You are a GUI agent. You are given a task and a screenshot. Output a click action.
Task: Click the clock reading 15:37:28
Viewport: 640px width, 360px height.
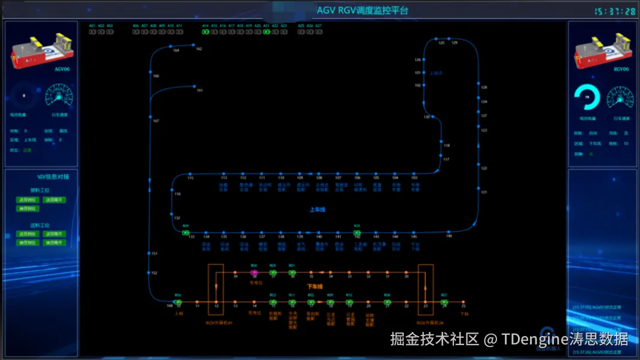[x=614, y=11]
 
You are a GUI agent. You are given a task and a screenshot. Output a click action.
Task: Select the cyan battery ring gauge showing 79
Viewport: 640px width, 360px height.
[x=587, y=96]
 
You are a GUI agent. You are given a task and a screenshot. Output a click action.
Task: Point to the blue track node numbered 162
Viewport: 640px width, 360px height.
[x=193, y=45]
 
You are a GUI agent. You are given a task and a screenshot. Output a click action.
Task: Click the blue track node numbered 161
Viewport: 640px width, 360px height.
[x=194, y=87]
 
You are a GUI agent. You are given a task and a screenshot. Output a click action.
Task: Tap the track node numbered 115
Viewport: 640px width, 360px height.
[x=190, y=174]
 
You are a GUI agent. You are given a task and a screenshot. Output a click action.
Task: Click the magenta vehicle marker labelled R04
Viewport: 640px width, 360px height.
[x=254, y=272]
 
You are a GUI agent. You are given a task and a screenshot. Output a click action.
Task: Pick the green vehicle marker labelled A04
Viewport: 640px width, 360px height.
[x=185, y=232]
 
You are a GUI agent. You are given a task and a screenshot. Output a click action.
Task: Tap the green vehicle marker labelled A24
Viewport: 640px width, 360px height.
[x=357, y=232]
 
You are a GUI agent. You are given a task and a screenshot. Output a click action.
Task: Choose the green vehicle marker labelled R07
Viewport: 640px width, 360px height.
[x=444, y=302]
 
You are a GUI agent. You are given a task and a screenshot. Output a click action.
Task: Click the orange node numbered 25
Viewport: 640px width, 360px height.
[x=463, y=302]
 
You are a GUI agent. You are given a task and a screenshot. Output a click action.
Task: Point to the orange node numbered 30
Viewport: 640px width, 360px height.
[x=406, y=272]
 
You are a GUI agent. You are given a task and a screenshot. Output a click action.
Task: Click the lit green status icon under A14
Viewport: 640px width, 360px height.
[x=205, y=32]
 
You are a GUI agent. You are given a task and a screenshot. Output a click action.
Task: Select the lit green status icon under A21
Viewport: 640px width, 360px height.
[x=266, y=32]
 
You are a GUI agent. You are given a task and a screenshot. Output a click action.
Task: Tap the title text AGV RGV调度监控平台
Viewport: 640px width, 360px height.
[x=362, y=11]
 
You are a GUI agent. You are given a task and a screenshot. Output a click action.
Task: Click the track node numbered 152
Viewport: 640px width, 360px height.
[x=150, y=273]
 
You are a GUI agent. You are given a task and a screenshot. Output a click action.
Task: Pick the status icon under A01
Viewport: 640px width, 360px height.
[x=93, y=32]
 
